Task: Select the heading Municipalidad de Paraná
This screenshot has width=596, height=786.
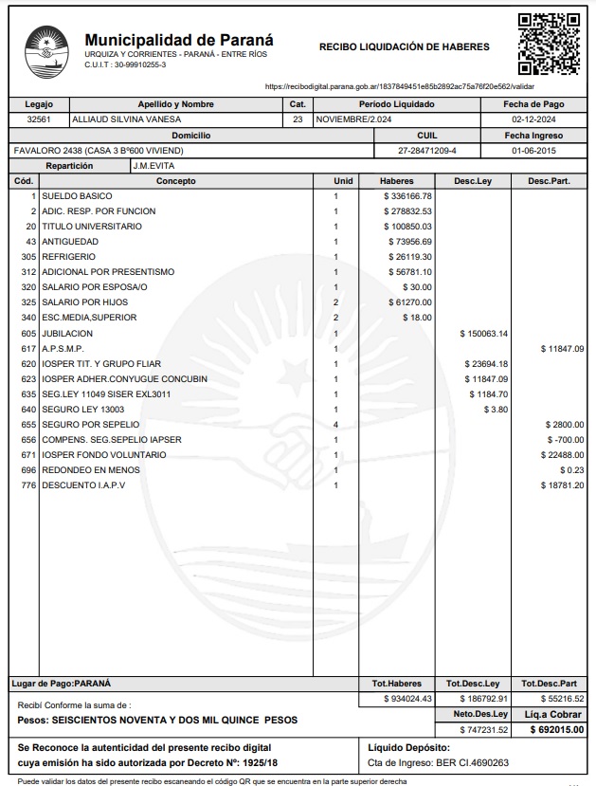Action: click(179, 40)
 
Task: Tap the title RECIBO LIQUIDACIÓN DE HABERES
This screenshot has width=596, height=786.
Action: click(405, 46)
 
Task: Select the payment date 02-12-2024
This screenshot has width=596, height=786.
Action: click(533, 119)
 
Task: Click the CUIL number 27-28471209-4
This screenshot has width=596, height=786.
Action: click(427, 151)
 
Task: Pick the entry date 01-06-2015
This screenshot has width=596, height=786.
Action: click(533, 151)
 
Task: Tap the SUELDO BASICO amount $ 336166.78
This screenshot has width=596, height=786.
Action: click(408, 196)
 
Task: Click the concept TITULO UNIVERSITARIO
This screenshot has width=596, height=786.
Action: click(92, 227)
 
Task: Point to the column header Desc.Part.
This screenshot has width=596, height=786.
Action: click(549, 180)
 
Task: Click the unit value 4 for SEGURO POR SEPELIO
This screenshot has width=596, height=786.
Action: click(335, 425)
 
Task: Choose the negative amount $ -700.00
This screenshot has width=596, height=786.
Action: click(566, 440)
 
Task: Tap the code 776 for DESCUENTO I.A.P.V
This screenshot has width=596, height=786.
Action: click(27, 485)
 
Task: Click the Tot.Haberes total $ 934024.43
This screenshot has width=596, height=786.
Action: click(407, 698)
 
